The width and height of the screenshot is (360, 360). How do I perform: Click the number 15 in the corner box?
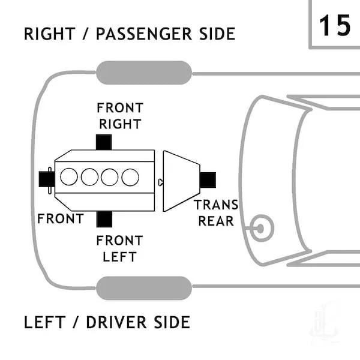tap(335, 25)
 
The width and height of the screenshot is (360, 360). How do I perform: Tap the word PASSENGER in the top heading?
tap(144, 34)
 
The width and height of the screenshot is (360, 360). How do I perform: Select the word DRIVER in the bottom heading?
tap(116, 322)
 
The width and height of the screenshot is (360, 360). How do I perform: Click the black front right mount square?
tap(104, 142)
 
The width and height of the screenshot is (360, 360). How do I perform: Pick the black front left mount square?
tap(104, 219)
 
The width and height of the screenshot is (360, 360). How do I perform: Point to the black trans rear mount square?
tap(208, 180)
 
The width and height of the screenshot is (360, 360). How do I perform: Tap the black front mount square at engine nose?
tap(47, 179)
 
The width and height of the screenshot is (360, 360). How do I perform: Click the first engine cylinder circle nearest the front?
tap(69, 176)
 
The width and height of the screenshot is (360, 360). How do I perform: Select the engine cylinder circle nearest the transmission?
tap(130, 177)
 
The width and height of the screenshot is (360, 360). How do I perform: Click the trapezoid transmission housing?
tap(181, 181)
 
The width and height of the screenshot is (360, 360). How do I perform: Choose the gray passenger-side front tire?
tap(144, 73)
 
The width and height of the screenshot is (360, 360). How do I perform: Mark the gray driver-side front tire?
tap(144, 288)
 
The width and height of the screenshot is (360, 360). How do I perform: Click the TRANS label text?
tap(217, 205)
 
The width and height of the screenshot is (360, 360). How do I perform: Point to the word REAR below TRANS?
tap(216, 221)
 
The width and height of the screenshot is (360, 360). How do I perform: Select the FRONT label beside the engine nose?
tap(61, 218)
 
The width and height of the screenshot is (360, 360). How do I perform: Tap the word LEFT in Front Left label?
tap(119, 257)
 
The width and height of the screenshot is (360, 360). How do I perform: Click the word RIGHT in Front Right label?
tap(120, 124)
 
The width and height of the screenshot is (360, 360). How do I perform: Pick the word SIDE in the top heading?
tap(217, 34)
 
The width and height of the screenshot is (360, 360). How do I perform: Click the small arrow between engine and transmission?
tap(161, 182)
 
